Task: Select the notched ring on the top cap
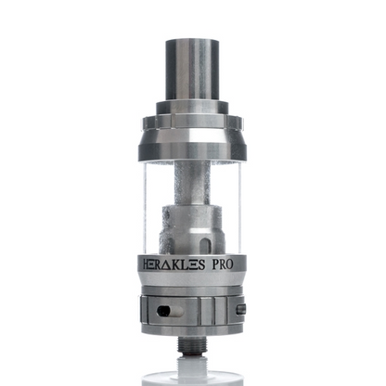pyautogui.click(x=192, y=123)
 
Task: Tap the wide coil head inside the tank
pyautogui.click(x=192, y=227)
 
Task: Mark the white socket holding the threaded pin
pyautogui.click(x=192, y=356)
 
